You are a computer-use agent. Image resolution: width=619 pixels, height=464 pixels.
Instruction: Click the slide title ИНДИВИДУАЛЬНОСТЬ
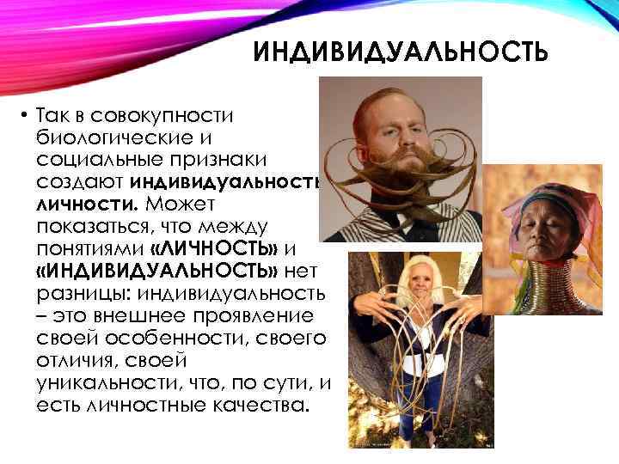click(400, 55)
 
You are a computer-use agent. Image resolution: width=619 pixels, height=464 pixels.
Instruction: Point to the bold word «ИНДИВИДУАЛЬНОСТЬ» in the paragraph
click(156, 271)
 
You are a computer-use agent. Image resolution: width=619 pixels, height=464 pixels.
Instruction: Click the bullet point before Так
click(27, 115)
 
